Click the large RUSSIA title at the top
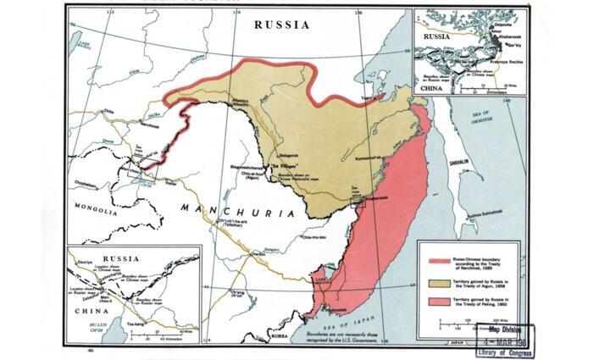(282, 25)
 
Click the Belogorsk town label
(291, 146)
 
